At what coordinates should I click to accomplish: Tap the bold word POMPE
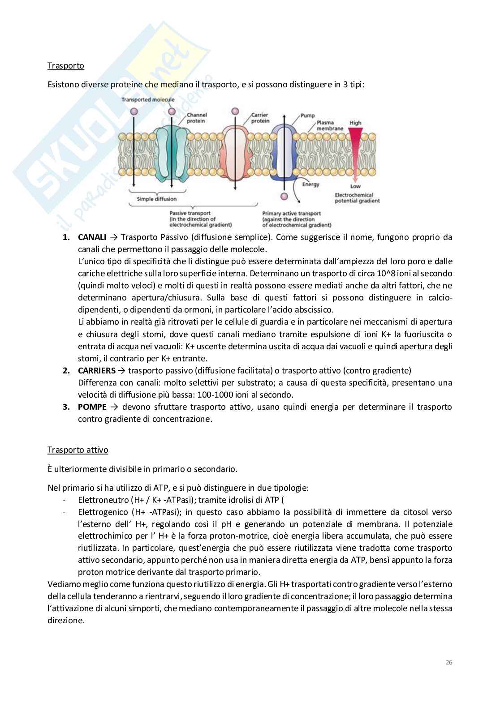coord(92,407)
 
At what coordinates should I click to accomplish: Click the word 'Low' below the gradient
coord(355,186)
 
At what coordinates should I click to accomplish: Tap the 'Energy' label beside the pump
coord(310,184)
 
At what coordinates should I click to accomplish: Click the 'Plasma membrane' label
coord(330,125)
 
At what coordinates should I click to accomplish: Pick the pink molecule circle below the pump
coord(284,197)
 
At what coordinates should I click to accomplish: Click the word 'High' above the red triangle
coord(355,123)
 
